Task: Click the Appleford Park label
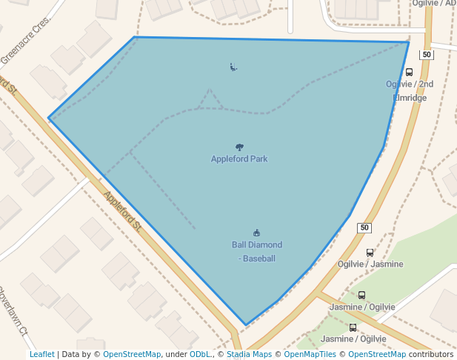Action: tap(238, 159)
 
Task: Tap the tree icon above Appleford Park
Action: tap(239, 147)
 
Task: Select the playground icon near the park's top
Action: tap(233, 67)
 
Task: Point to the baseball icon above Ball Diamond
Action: tap(257, 233)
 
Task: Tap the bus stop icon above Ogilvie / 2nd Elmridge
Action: tap(409, 73)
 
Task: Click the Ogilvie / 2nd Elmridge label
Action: tap(410, 90)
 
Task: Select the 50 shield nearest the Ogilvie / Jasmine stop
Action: tap(364, 227)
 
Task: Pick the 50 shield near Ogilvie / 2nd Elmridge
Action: tap(426, 55)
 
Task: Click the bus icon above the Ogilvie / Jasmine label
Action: tap(370, 253)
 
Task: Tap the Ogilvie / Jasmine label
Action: tap(370, 264)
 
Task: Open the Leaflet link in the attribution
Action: tap(41, 354)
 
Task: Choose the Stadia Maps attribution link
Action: tap(249, 354)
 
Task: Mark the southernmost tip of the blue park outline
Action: tap(246, 324)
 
